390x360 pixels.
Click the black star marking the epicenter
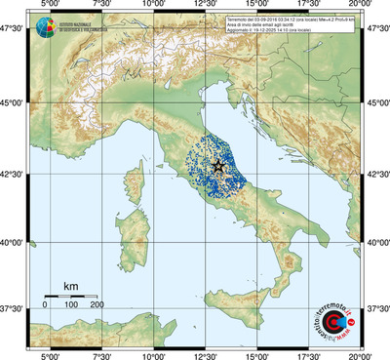[x=217, y=167]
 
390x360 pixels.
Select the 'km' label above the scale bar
[x=71, y=286]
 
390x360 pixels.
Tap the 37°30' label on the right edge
[x=376, y=308]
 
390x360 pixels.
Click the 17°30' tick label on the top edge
[x=309, y=6]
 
